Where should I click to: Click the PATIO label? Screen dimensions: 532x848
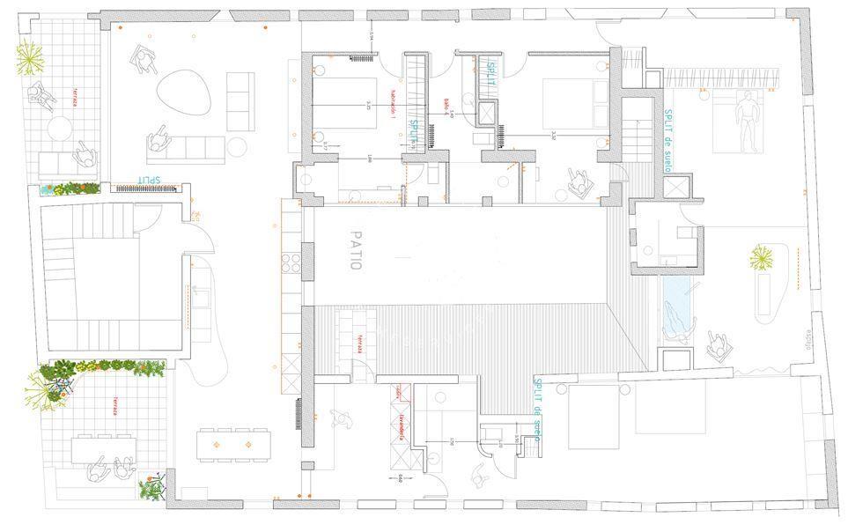click(355, 255)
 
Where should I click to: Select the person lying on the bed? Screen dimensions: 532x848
click(747, 121)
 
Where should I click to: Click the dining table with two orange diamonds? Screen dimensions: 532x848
click(233, 444)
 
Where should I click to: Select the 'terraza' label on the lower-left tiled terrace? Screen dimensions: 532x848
click(114, 406)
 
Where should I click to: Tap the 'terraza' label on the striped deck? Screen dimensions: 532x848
click(360, 344)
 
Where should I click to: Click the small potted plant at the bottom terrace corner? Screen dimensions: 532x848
click(152, 488)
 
